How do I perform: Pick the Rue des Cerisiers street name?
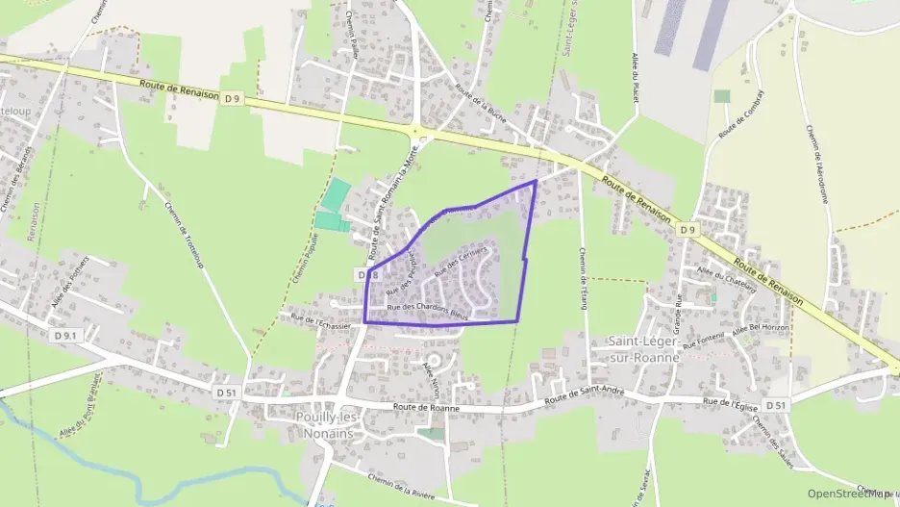[462, 261]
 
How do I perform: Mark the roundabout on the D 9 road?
[416, 132]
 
